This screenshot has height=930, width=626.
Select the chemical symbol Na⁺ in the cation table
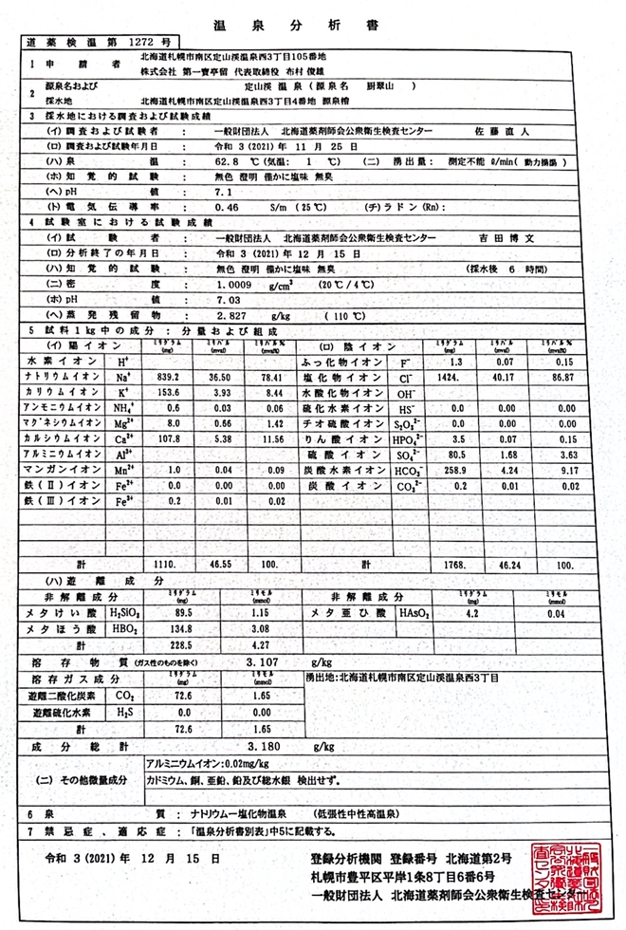(x=123, y=377)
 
